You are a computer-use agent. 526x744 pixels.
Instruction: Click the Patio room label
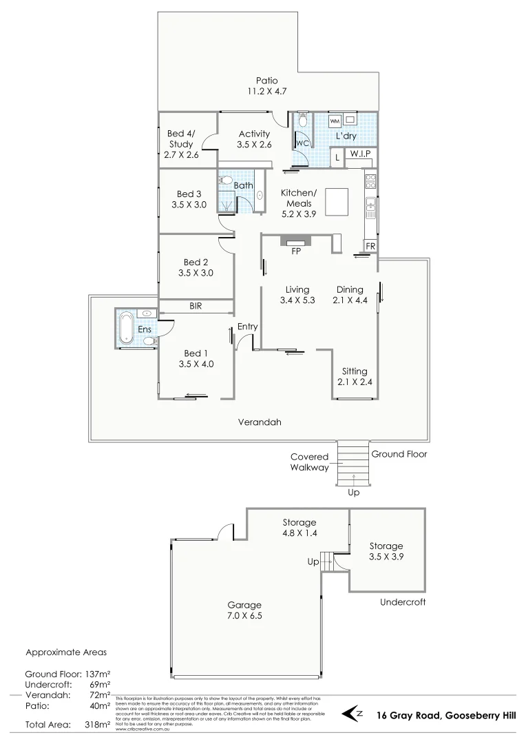(267, 80)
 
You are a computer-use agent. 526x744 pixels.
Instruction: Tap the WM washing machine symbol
(335, 122)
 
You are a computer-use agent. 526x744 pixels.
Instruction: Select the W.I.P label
(359, 154)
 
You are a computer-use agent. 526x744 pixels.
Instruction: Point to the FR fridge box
(370, 246)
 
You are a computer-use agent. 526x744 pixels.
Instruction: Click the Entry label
(247, 326)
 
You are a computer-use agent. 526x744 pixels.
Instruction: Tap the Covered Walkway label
(309, 462)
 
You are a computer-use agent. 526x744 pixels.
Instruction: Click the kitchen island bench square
(339, 202)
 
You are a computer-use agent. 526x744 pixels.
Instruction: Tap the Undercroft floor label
(403, 601)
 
